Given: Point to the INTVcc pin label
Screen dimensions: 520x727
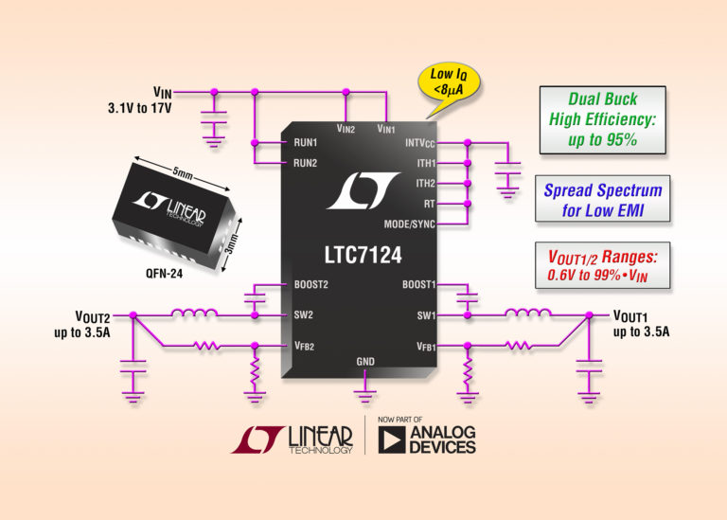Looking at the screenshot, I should point(416,144).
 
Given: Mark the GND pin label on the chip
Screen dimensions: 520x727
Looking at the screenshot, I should point(365,362).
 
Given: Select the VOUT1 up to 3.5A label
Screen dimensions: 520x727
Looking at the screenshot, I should point(641,324).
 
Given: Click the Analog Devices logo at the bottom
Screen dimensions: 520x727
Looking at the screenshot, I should point(427,438).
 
